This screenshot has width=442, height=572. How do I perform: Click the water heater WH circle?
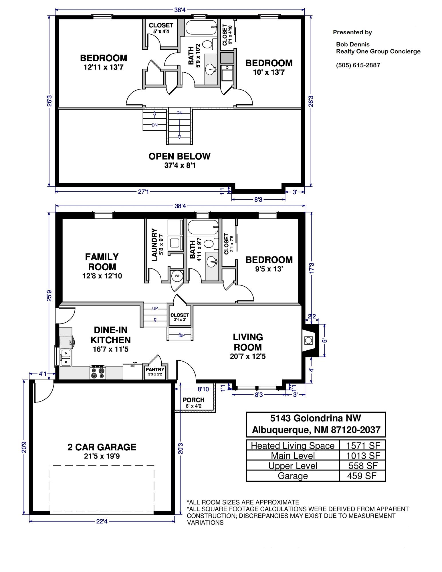[x=178, y=276]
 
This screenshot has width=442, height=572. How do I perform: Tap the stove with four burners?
[x=98, y=372]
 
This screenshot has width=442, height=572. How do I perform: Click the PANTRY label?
[x=155, y=370]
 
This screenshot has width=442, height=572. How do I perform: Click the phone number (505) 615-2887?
[x=358, y=65]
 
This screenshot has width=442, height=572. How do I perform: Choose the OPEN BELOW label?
[x=179, y=156]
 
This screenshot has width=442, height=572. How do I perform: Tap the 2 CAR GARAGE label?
[x=102, y=447]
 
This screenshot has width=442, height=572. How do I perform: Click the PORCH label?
[x=194, y=400]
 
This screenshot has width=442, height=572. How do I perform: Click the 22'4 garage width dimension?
[x=102, y=521]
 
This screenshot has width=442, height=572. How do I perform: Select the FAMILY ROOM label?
[x=102, y=262]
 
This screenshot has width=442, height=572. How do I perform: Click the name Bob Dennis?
[x=352, y=44]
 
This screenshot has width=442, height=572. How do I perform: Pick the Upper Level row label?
[x=293, y=466]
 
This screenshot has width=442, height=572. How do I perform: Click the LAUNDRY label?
[x=154, y=245]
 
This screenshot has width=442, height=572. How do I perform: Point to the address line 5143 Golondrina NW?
[x=316, y=418]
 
